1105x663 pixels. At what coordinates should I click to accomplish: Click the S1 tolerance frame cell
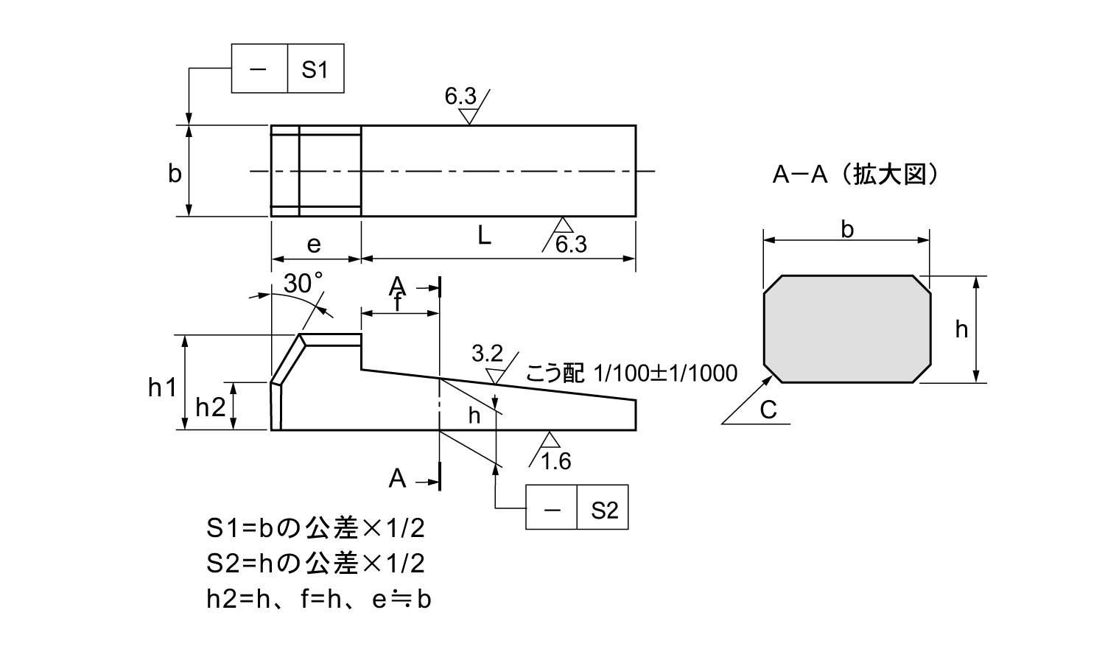click(x=315, y=70)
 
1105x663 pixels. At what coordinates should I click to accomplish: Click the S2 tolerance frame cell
click(x=603, y=508)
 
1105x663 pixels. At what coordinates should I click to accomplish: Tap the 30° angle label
click(x=304, y=284)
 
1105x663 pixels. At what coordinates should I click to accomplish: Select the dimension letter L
click(x=484, y=236)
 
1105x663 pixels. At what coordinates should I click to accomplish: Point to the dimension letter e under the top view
click(x=314, y=245)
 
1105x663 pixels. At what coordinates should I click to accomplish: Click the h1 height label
click(x=163, y=387)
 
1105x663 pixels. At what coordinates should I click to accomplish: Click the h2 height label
click(x=211, y=407)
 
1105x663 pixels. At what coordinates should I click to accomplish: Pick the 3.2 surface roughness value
click(x=487, y=354)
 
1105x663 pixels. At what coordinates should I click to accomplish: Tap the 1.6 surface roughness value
click(x=556, y=461)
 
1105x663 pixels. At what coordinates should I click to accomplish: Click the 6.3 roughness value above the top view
click(x=460, y=96)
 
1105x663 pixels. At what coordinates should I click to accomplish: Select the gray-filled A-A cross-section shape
click(x=847, y=329)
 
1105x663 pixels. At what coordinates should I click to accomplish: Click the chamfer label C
click(x=768, y=410)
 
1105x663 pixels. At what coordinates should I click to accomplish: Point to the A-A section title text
click(x=855, y=175)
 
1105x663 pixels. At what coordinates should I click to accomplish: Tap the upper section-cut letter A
click(x=398, y=286)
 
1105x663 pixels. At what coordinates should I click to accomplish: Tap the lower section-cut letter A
click(x=398, y=479)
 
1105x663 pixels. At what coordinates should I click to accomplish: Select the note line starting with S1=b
click(x=316, y=528)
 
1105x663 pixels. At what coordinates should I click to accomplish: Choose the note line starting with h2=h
click(x=318, y=600)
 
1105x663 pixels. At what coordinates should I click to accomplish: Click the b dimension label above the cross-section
click(x=847, y=230)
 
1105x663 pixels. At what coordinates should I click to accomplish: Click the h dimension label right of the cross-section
click(x=961, y=329)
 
